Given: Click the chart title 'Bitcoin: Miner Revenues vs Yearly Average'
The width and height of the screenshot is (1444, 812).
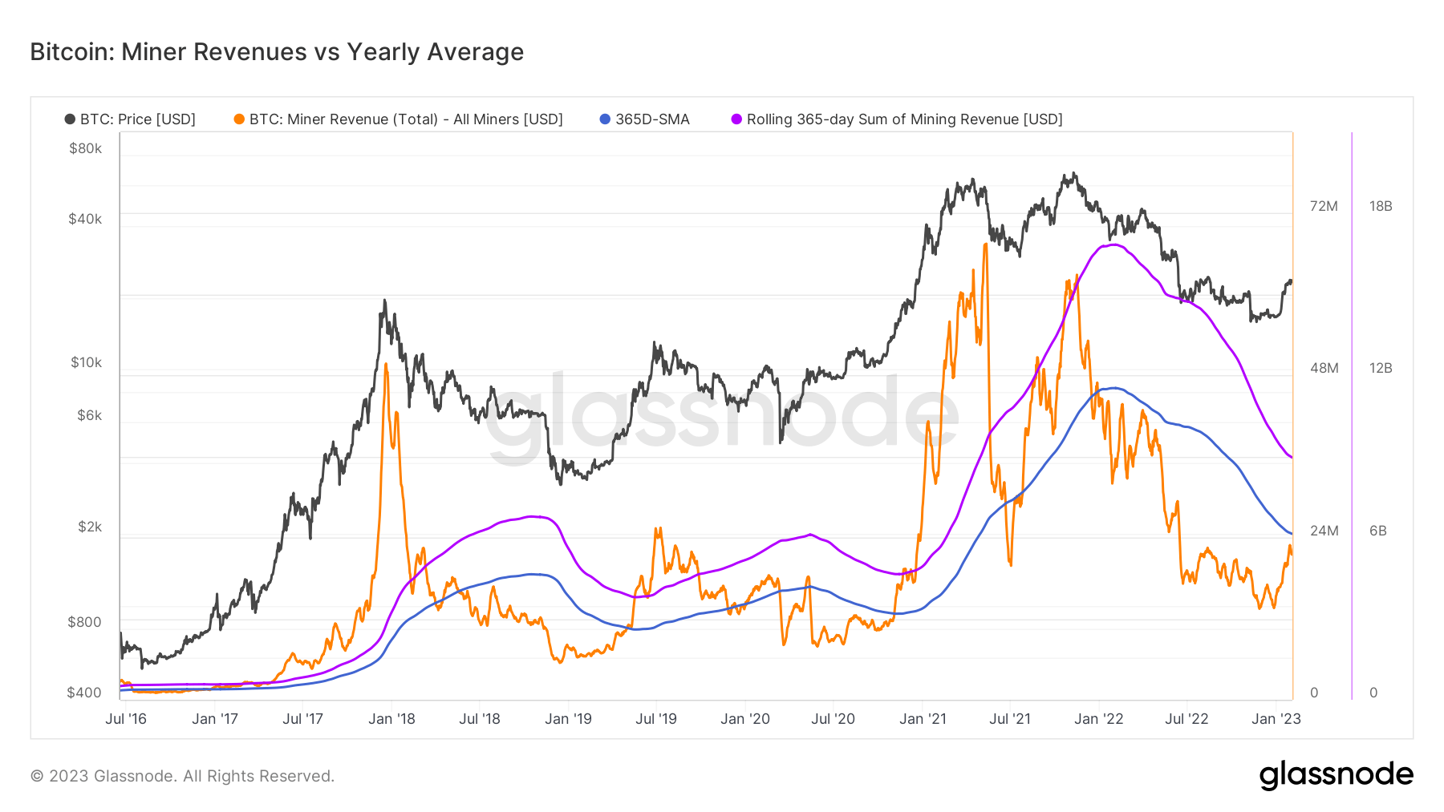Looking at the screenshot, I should tap(277, 52).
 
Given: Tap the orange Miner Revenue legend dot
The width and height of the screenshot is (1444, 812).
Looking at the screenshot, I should tap(239, 119).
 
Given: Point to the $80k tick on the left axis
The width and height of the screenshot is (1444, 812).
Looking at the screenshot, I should tap(85, 148).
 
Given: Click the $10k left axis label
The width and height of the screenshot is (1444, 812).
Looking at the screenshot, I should tap(86, 362).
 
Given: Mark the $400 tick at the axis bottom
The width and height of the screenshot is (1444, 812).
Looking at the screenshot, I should tap(83, 693).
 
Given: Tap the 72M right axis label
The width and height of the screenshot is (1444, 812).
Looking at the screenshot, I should tap(1324, 206).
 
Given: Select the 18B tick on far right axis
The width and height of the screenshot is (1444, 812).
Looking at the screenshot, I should tap(1381, 206).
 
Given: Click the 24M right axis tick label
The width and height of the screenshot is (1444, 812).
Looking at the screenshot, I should tap(1324, 531).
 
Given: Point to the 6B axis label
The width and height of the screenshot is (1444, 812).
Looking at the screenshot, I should tap(1377, 531).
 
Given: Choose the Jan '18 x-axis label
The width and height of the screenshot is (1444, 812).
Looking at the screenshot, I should tap(391, 719).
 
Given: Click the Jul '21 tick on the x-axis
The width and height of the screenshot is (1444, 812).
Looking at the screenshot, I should tap(1010, 719).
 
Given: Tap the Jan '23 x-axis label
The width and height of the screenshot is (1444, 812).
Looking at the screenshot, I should tap(1276, 719).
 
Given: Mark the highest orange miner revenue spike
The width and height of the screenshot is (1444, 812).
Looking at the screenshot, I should tap(984, 244).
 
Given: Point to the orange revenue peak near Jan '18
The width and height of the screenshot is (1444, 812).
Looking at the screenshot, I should tap(386, 365).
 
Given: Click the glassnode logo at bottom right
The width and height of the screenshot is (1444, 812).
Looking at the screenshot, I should tap(1336, 775).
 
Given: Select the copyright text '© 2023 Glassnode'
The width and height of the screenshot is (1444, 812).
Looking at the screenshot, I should tap(182, 776).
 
